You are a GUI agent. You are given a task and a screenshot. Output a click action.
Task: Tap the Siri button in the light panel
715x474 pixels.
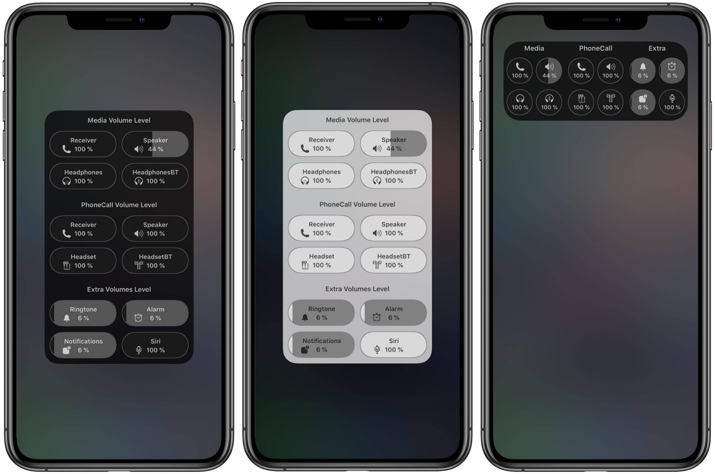393,345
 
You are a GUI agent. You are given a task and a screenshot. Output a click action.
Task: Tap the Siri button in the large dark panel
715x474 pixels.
155,345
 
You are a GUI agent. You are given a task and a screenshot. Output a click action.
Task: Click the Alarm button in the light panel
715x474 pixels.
393,313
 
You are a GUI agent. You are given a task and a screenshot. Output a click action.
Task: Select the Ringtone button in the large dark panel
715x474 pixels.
83,313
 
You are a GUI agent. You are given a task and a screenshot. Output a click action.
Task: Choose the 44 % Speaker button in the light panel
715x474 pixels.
393,144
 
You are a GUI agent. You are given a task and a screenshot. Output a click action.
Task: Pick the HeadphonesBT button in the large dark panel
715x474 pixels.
155,176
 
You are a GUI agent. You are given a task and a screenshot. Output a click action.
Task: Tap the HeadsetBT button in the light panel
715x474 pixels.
393,260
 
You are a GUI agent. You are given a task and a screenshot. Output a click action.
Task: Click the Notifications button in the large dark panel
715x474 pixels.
83,345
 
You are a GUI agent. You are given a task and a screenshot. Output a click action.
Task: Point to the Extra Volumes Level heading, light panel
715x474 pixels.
357,289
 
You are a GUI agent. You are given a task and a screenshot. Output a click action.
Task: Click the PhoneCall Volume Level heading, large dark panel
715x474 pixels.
119,205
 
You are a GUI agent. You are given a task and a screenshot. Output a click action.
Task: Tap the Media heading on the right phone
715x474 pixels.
534,48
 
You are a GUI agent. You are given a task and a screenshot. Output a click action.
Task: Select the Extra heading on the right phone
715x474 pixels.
657,48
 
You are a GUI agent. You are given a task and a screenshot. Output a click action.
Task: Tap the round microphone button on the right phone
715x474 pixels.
672,102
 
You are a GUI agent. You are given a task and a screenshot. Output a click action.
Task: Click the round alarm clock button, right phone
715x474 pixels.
672,71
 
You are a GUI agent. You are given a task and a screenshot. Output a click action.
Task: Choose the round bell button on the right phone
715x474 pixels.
643,71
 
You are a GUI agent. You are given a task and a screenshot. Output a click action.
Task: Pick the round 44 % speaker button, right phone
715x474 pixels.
549,71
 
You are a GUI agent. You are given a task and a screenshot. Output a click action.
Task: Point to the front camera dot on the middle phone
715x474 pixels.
380,20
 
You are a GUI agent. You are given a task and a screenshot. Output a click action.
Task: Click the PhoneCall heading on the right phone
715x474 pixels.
596,48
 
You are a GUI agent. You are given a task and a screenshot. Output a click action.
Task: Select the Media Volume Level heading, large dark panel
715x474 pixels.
119,121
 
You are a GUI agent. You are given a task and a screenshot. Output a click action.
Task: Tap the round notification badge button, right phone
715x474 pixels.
643,102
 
